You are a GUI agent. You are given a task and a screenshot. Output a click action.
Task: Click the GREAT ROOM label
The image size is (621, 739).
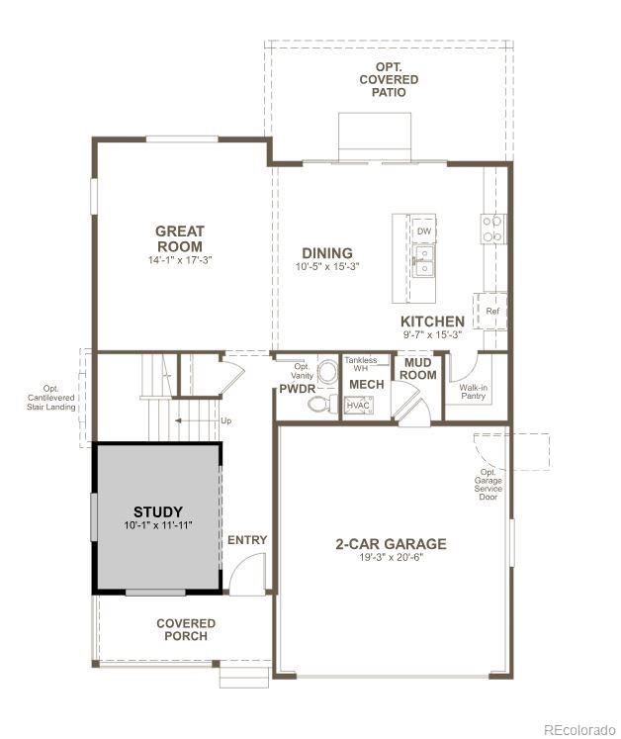click(179, 238)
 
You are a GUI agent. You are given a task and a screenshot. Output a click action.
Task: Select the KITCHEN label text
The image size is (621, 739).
click(432, 322)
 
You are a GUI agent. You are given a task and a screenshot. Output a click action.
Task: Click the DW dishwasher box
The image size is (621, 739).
click(423, 231)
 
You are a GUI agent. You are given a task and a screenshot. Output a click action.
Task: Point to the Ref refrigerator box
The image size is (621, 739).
click(491, 311)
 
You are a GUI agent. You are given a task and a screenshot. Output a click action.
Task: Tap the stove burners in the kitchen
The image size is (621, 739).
click(492, 230)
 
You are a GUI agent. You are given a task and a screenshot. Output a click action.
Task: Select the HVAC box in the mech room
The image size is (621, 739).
click(356, 406)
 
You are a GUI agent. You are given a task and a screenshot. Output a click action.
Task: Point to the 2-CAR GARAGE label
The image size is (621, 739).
click(390, 543)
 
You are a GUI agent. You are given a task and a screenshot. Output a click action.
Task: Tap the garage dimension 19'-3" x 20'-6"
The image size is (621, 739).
click(390, 558)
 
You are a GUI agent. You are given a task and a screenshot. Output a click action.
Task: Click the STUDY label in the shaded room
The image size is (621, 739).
click(158, 511)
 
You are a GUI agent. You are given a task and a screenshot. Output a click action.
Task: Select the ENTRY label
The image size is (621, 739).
click(247, 539)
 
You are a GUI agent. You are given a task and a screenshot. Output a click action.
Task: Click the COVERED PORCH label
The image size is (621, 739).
click(186, 629)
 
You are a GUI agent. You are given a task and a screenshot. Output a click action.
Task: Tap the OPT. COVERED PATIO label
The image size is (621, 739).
click(389, 79)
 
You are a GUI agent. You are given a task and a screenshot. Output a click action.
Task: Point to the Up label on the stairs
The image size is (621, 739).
click(226, 420)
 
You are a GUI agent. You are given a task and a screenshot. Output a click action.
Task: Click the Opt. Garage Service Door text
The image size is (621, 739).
click(490, 484)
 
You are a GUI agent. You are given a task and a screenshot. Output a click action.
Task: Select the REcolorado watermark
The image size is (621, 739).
click(577, 729)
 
